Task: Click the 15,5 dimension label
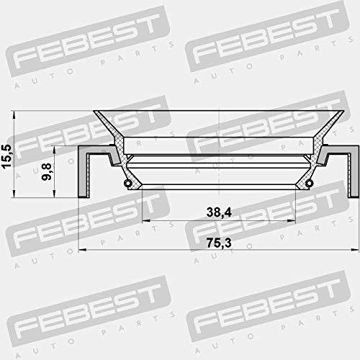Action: [6, 156]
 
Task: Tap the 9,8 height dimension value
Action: [46, 171]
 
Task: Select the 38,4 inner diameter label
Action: [219, 212]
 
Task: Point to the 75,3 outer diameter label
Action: [219, 243]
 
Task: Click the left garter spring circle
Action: [127, 184]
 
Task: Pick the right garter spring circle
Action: [309, 184]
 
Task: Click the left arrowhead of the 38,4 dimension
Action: [146, 220]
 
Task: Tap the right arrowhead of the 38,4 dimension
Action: [292, 220]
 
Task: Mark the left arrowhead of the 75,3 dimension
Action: [83, 250]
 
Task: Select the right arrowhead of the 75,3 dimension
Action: [355, 250]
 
